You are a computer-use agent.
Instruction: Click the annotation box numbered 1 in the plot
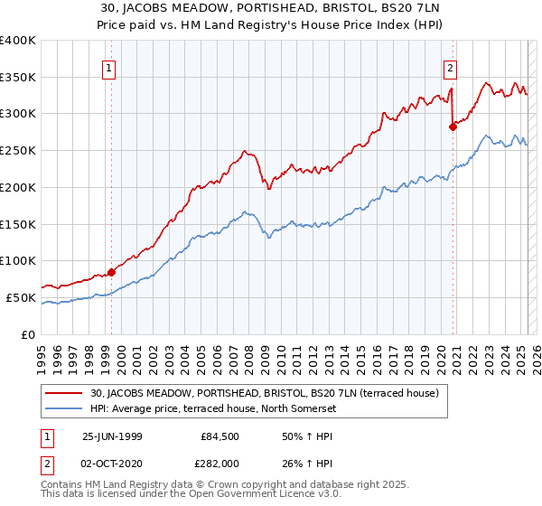tap(108, 67)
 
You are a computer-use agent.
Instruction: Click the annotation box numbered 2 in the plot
tap(450, 67)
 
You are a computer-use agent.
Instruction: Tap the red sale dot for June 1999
tap(111, 271)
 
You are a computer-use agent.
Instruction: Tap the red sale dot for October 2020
tap(453, 126)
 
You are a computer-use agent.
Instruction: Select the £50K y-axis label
tap(22, 297)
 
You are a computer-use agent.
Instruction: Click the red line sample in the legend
tap(65, 393)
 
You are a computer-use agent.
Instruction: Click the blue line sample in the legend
tap(65, 408)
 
